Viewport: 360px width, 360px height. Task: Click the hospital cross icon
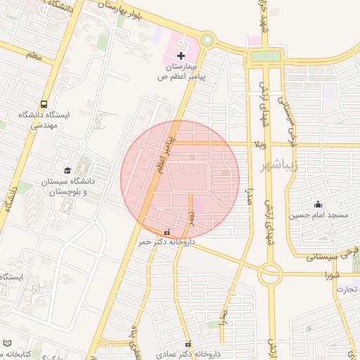181,55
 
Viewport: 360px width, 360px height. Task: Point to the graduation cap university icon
67,170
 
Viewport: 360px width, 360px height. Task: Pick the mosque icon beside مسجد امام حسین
319,203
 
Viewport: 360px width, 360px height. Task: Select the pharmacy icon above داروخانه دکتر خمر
167,231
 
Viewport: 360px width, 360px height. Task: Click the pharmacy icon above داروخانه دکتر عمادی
188,344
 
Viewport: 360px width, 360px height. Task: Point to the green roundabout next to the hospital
207,40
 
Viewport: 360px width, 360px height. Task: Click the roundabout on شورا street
270,271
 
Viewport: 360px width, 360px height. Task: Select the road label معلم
33,54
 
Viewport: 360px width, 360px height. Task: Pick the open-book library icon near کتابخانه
8,344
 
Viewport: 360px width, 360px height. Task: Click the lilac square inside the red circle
200,205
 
